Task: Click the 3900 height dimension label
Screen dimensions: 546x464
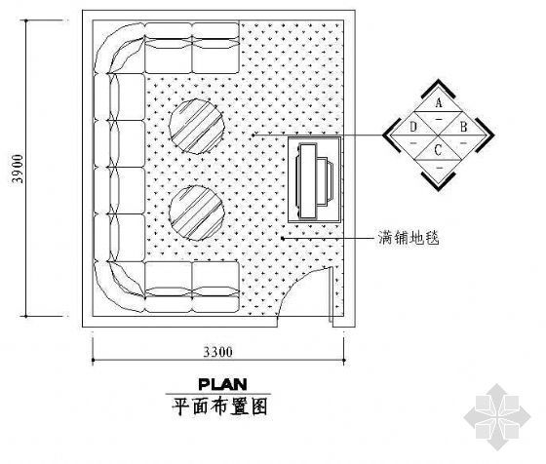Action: [x=18, y=169]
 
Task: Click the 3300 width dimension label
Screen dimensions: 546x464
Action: [x=218, y=352]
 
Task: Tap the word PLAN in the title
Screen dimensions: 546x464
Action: [x=223, y=384]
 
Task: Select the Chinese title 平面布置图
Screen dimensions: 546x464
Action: [x=220, y=406]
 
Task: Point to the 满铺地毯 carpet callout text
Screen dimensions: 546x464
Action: [x=409, y=238]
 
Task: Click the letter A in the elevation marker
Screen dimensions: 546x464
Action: [x=439, y=102]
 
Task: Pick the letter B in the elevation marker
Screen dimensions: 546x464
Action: [x=463, y=127]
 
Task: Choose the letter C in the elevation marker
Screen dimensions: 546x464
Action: [x=438, y=150]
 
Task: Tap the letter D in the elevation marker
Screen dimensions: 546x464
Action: [x=413, y=127]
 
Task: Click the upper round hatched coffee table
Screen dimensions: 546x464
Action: [x=197, y=127]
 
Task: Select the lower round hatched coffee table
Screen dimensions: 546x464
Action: [x=197, y=213]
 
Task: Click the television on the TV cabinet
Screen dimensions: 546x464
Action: [x=313, y=181]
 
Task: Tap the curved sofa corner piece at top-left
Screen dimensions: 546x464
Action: [x=118, y=48]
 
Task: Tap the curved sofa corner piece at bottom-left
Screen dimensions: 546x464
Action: [x=118, y=288]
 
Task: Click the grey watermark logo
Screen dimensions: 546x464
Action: [x=497, y=416]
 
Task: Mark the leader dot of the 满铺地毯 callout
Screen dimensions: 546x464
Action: [x=283, y=239]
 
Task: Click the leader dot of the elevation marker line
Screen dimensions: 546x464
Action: [x=253, y=135]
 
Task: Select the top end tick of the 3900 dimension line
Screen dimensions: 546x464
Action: [x=26, y=20]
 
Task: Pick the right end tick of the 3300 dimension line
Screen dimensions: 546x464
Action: [x=344, y=361]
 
